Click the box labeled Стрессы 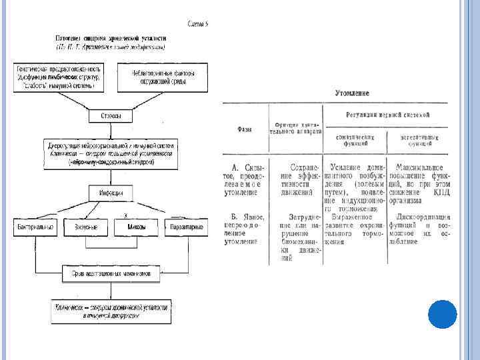tap(111, 116)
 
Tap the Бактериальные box tap(35, 227)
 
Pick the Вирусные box tap(81, 227)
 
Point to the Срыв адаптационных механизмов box tap(111, 273)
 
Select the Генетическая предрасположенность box tap(58, 77)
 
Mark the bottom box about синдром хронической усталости tap(111, 312)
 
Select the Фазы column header tap(244, 128)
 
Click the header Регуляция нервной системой tap(387, 115)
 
